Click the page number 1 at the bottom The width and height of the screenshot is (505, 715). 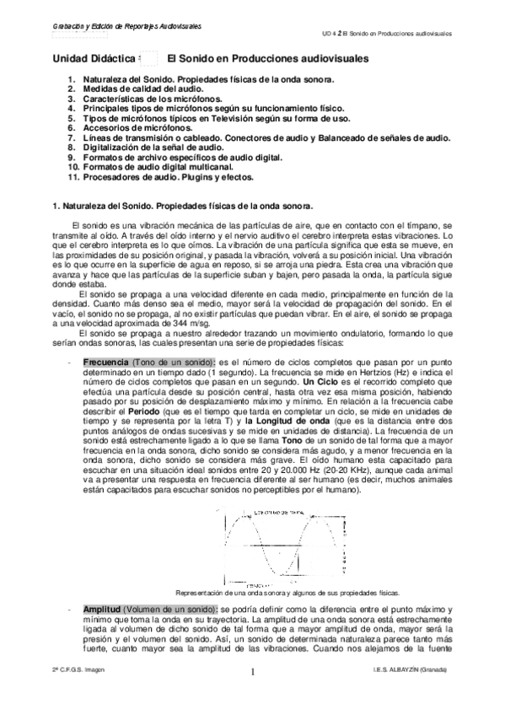pyautogui.click(x=251, y=672)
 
